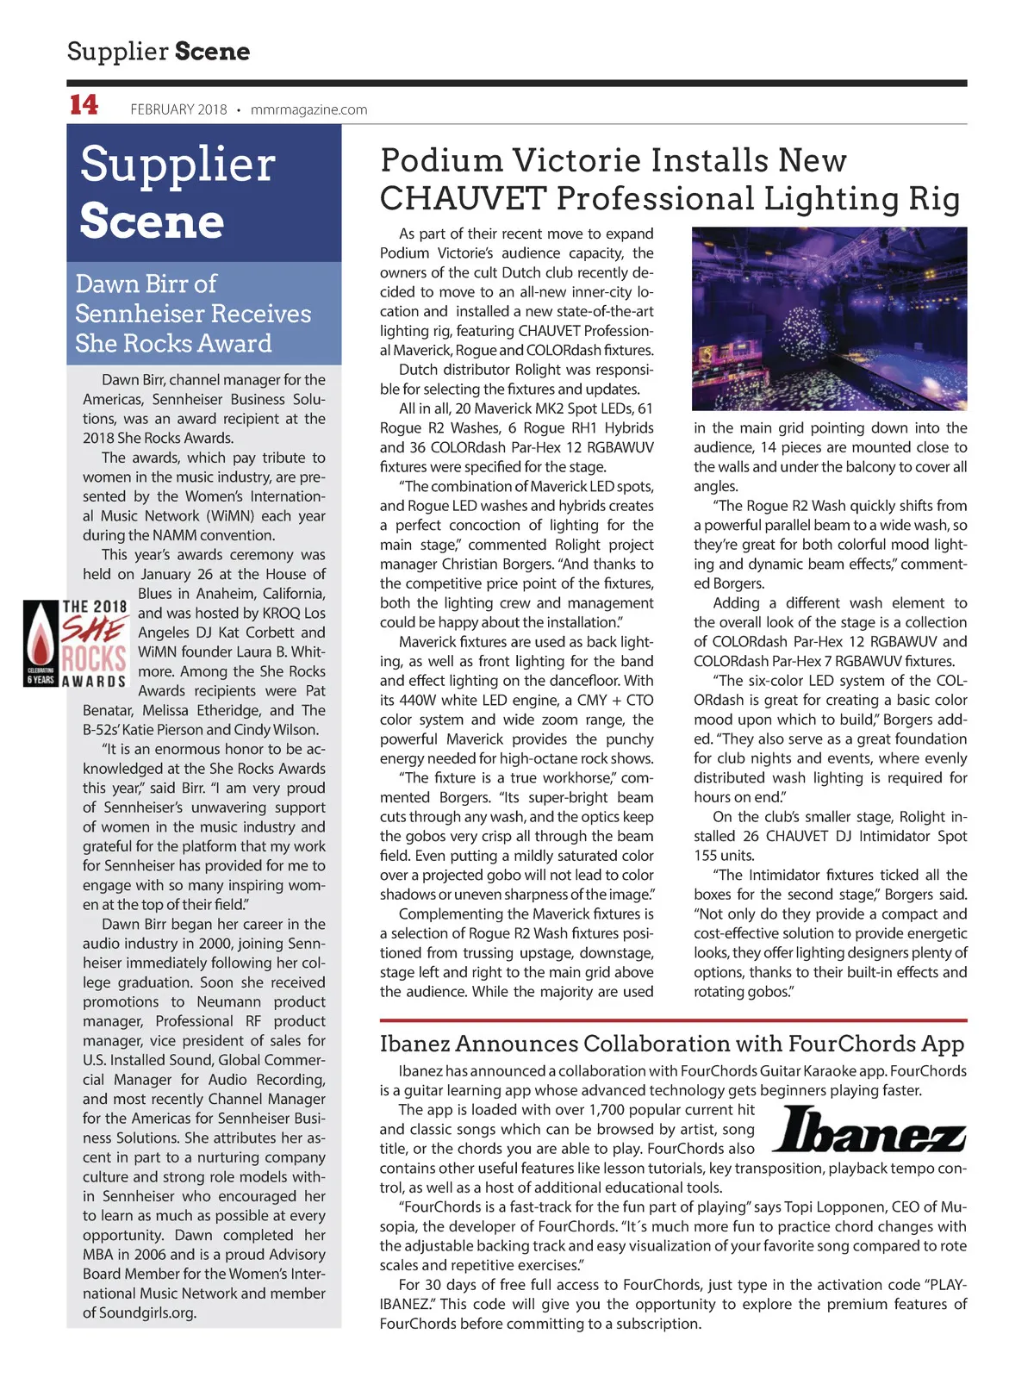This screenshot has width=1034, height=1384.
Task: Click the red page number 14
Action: pos(84,105)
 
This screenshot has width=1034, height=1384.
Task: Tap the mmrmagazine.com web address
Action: pos(308,109)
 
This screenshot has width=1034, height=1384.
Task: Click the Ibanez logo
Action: pos(868,1130)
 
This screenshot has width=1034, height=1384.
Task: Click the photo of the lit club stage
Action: pos(829,318)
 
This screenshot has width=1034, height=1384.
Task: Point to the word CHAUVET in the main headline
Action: pos(463,198)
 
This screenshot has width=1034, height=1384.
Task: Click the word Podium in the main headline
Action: pos(441,160)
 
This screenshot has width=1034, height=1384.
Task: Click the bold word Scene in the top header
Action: pos(212,52)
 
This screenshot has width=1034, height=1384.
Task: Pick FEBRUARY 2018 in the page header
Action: pos(178,109)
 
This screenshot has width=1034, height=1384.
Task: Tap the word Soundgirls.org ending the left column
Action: pos(147,1312)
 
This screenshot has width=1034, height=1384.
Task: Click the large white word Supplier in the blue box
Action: pos(178,164)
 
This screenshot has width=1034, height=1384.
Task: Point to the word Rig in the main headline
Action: pos(934,198)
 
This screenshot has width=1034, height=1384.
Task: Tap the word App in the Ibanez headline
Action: pos(941,1044)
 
